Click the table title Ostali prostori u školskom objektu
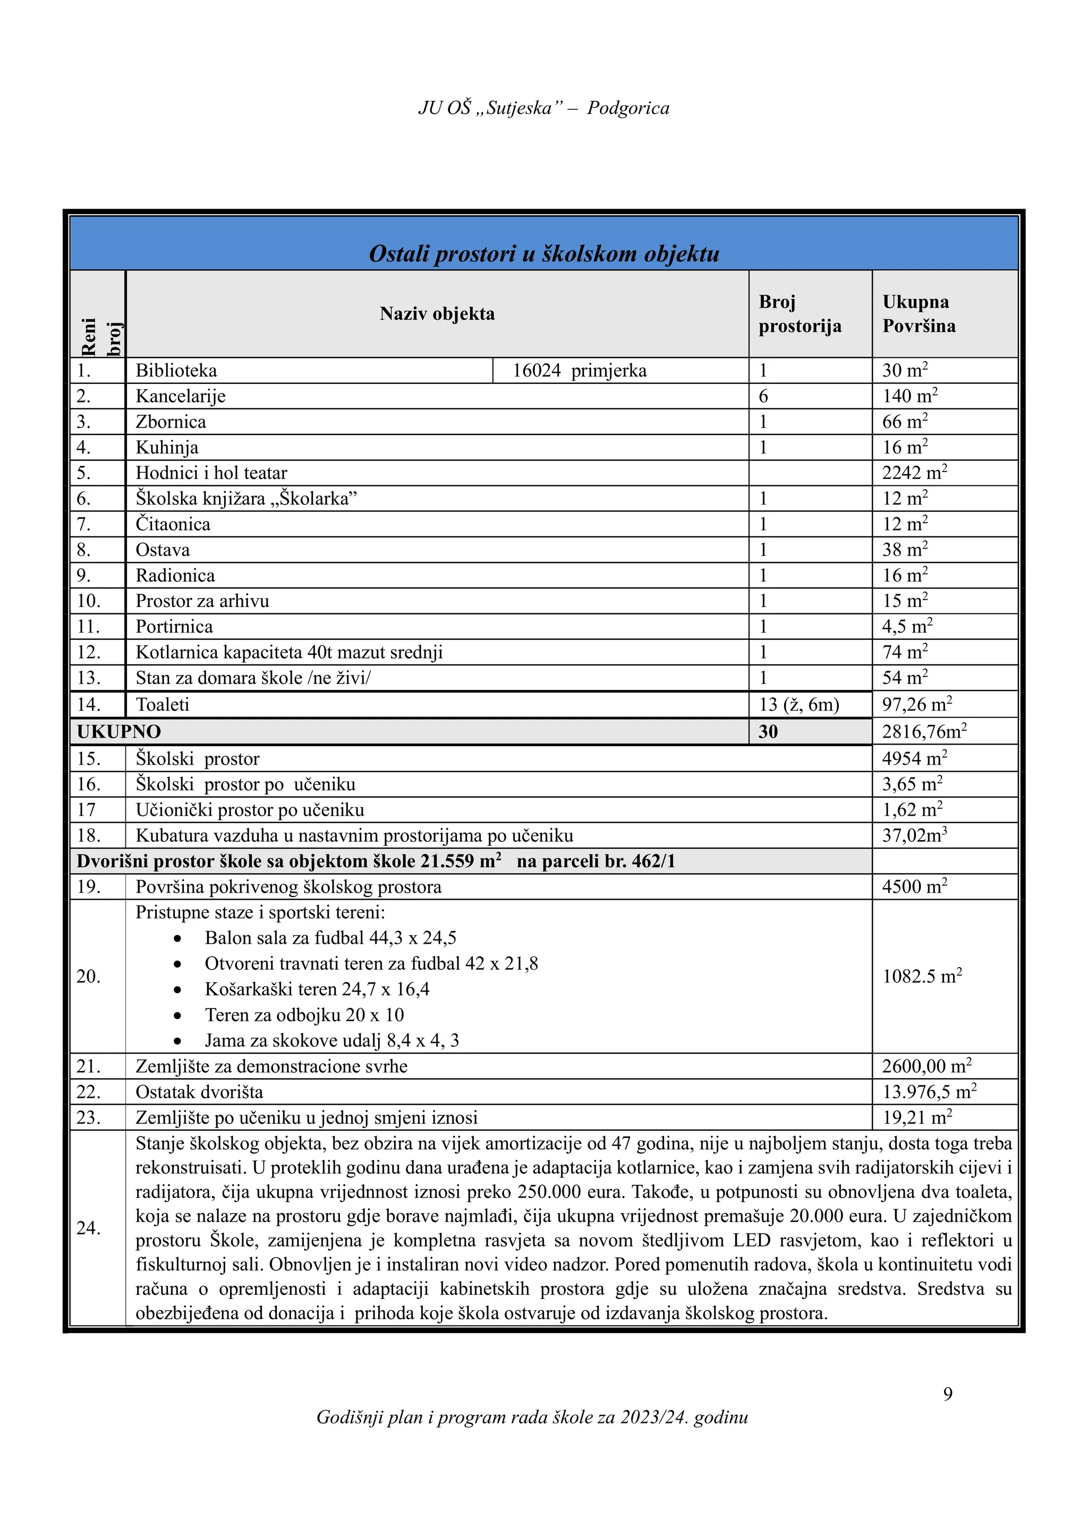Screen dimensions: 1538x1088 pos(544,254)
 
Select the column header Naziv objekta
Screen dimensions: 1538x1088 pos(437,313)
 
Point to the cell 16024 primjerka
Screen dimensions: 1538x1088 pos(580,371)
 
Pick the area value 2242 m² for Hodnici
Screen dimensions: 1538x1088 pos(914,473)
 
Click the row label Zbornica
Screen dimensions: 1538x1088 pos(171,422)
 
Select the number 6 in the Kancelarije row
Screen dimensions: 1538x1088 pos(763,396)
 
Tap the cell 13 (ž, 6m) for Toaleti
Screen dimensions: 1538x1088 pos(798,705)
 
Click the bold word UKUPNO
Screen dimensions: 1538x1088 pos(118,731)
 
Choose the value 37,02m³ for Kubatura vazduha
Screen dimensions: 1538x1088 pos(914,836)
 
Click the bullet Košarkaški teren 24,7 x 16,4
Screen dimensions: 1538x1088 pos(317,989)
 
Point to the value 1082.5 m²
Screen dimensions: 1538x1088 pos(922,976)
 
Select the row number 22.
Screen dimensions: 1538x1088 pos(88,1092)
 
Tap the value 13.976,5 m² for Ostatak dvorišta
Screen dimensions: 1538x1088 pos(929,1092)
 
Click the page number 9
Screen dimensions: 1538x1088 pos(947,1394)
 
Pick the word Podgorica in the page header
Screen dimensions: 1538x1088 pos(628,108)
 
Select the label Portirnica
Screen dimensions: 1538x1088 pos(174,627)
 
